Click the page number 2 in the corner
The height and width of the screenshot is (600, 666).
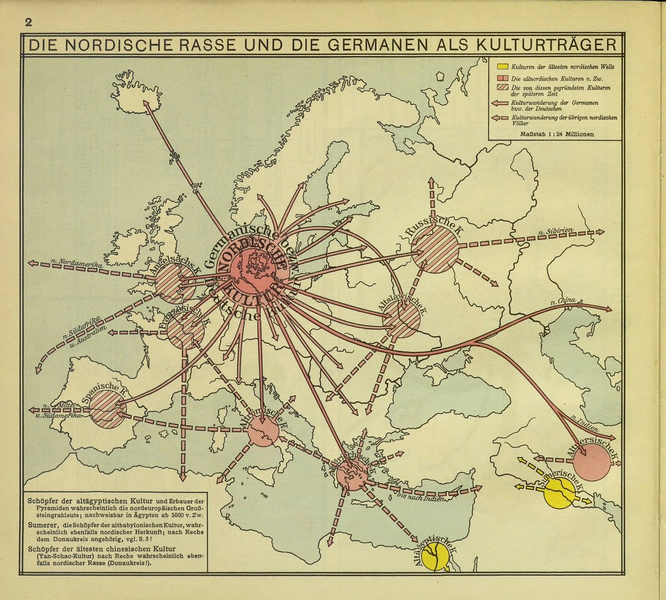pyautogui.click(x=27, y=23)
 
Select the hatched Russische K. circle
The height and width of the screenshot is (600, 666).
pyautogui.click(x=435, y=249)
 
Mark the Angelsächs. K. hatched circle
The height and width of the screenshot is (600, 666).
pyautogui.click(x=175, y=283)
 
